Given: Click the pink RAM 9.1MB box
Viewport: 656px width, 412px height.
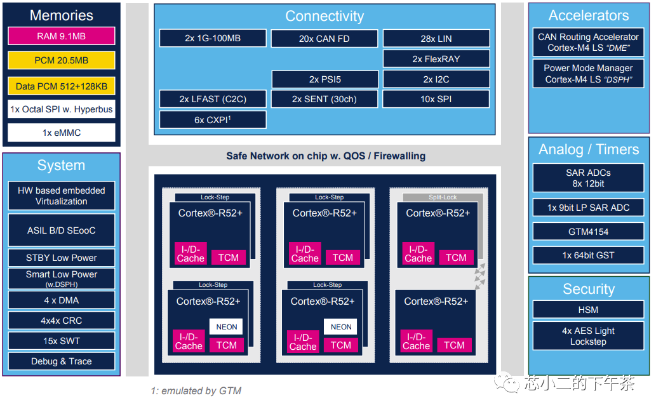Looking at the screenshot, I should [x=61, y=36].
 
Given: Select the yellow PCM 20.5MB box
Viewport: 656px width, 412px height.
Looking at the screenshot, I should [x=61, y=60].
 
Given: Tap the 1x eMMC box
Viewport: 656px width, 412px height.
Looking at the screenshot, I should [x=61, y=133].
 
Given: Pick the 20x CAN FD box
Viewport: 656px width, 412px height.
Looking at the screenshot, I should [x=324, y=39].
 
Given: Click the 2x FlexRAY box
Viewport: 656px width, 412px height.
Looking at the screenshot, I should [x=436, y=59].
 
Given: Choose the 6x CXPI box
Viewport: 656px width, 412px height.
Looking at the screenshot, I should [x=212, y=119].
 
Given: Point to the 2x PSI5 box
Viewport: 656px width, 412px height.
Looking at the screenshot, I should [x=325, y=79].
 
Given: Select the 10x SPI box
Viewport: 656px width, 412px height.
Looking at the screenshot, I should [x=436, y=99].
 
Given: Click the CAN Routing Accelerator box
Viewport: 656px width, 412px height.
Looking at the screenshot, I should [x=588, y=42].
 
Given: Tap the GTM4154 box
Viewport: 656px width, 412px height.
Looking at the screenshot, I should [x=588, y=232].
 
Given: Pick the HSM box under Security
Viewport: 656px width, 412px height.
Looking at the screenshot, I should [x=588, y=310].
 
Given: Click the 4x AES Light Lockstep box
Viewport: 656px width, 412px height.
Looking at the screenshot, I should [x=588, y=336].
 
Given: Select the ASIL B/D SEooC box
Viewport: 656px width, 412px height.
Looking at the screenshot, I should [x=61, y=230].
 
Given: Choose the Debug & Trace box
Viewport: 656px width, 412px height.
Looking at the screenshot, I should [x=61, y=361].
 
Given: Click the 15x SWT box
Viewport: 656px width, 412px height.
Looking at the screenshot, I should [x=61, y=341].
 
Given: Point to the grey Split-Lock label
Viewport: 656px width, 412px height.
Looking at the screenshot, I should [x=443, y=197].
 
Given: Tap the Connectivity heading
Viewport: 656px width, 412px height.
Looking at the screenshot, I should [x=324, y=16].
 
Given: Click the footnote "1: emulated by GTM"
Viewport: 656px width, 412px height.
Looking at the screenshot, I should [x=196, y=391].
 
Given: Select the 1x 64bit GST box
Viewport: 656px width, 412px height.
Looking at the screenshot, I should [x=588, y=255].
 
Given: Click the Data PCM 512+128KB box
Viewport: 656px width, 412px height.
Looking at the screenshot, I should [x=61, y=86].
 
